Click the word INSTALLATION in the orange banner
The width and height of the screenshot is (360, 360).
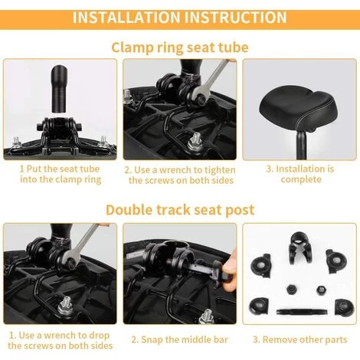click(x=126, y=18)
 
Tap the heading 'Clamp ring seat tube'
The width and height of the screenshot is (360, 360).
click(x=180, y=47)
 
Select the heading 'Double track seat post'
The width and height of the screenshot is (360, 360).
click(x=180, y=210)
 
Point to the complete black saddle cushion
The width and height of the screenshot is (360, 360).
click(x=299, y=108)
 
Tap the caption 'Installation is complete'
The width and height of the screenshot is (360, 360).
click(x=300, y=174)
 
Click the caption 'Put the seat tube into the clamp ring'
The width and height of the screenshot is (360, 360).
click(x=61, y=174)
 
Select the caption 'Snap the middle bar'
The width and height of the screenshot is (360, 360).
click(x=179, y=340)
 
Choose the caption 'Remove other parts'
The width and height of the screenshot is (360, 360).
click(x=300, y=340)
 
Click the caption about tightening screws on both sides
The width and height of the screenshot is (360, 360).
click(x=180, y=175)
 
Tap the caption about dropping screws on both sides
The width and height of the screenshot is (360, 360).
click(x=61, y=340)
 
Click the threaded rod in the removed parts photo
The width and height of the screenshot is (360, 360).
click(x=302, y=312)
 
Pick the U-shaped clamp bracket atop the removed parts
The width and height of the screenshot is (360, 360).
click(x=299, y=247)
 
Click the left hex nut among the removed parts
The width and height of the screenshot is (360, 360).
click(x=290, y=289)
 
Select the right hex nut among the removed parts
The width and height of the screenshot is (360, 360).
click(x=322, y=290)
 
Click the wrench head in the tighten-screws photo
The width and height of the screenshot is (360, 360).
click(x=200, y=96)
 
